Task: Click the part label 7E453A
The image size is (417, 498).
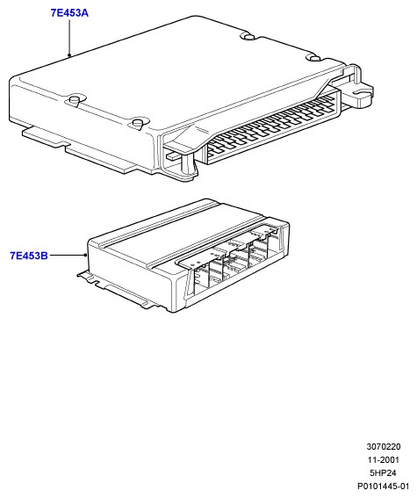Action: point(69,13)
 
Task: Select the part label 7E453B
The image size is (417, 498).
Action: point(29,256)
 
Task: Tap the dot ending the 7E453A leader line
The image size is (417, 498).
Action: point(69,55)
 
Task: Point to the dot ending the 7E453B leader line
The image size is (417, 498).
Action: point(85,255)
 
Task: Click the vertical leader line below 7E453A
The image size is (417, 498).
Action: point(69,37)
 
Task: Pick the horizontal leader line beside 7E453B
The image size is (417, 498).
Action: point(67,255)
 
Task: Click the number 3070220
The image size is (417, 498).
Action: point(384,446)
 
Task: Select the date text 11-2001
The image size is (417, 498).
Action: point(384,460)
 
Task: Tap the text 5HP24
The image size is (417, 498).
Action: point(383,473)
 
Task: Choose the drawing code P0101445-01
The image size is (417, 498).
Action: point(384,487)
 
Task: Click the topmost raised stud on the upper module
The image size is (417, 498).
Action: point(249,36)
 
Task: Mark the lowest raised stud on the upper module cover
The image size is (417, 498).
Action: point(139,124)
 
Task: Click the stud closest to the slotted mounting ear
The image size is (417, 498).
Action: point(314,58)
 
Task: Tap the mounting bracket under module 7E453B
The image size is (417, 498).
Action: point(120,289)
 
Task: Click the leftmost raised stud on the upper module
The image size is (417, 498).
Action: point(74,101)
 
